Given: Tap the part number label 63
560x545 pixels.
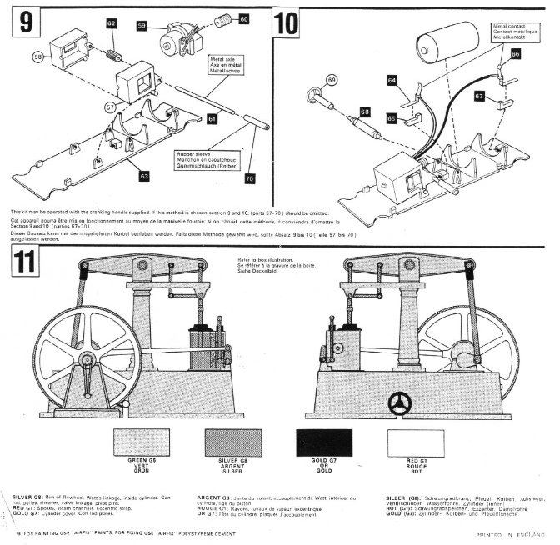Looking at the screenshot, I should [145, 176].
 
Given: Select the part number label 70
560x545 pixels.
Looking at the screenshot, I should [249, 178].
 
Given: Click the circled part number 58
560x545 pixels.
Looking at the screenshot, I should [38, 57].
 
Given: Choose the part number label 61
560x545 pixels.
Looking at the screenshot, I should [212, 120].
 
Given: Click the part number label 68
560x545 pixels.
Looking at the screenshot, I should [364, 111].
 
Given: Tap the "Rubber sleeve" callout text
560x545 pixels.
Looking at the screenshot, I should [197, 159].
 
